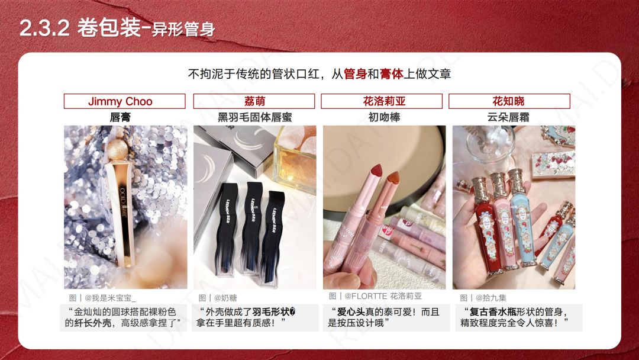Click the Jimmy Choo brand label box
[x=120, y=101]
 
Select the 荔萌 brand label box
[x=255, y=101]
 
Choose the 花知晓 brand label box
[x=509, y=101]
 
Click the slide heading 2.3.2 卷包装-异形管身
[x=117, y=28]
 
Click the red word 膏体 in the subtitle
[x=392, y=74]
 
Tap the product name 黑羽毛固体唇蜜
[x=255, y=117]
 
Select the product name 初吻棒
[x=384, y=117]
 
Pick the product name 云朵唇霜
[x=509, y=117]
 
